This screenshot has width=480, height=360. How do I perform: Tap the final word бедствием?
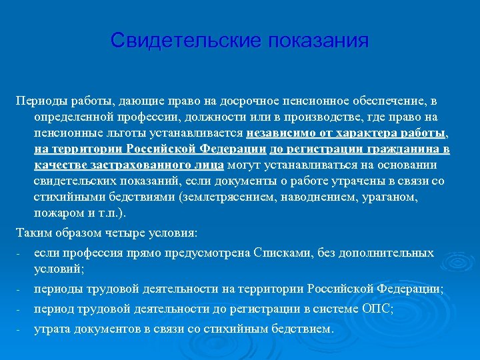click(303, 329)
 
